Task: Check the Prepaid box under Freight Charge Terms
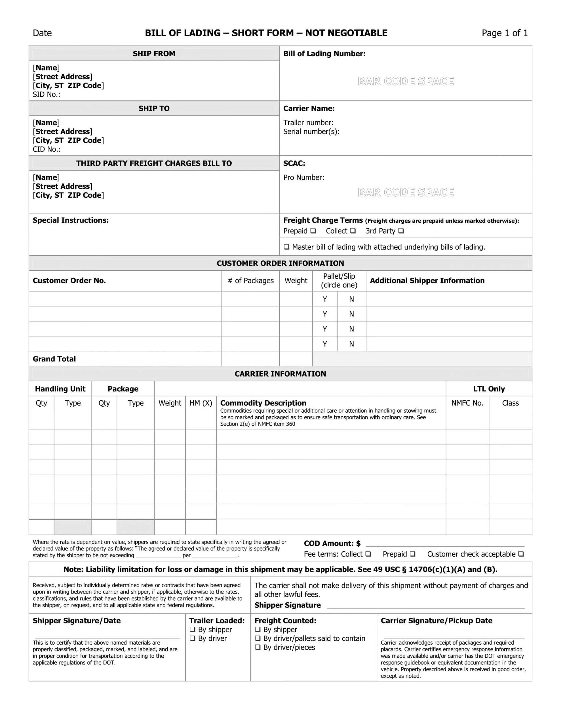tap(313, 231)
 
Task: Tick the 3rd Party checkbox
tap(401, 231)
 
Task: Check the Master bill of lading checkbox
tap(286, 247)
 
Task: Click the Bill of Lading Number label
tap(324, 54)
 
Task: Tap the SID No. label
tap(47, 95)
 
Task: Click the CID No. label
tap(47, 149)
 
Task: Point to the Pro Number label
tap(303, 177)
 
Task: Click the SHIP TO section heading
tap(154, 108)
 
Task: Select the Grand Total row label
tap(54, 359)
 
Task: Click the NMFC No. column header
tap(467, 403)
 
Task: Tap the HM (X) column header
tap(201, 403)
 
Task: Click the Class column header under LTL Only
tap(510, 403)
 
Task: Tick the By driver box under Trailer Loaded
tap(193, 638)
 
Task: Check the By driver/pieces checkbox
tap(258, 647)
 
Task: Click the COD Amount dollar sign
tap(358, 544)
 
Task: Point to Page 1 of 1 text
tap(505, 33)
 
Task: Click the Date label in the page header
tap(42, 33)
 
